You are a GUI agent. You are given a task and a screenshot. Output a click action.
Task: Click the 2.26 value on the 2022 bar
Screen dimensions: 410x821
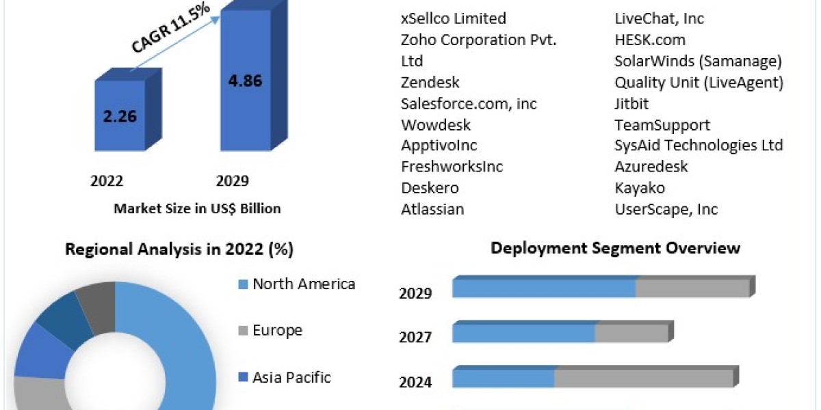pos(120,115)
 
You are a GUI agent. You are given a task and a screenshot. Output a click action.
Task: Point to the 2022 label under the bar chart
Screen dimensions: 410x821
pos(107,181)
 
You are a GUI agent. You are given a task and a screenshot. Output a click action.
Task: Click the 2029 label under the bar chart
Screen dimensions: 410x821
pos(233,181)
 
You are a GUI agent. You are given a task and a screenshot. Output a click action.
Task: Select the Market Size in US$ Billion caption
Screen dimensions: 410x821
pos(197,208)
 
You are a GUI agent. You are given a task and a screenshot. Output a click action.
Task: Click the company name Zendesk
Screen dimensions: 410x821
pos(430,83)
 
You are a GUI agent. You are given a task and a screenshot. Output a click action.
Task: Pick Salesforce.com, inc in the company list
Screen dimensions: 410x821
pos(469,104)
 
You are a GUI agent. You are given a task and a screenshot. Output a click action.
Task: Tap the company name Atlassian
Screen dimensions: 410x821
pos(432,209)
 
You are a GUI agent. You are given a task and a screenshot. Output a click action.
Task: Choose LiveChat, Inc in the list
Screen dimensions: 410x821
pos(659,18)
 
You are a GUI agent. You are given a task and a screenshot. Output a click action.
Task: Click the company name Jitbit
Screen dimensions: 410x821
pos(631,104)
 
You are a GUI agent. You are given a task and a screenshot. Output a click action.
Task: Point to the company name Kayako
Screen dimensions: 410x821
pos(640,188)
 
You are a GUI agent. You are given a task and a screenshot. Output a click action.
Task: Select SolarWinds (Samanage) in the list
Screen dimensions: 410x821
pos(698,61)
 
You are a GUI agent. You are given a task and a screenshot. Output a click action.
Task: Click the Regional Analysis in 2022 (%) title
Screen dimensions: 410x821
pos(179,250)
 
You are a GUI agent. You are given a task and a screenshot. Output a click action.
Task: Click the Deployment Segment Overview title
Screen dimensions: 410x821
pos(615,248)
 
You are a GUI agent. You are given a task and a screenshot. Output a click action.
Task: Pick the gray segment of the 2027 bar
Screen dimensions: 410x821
pos(631,333)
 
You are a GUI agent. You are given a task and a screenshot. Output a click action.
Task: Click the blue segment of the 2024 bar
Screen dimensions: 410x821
pos(503,379)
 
